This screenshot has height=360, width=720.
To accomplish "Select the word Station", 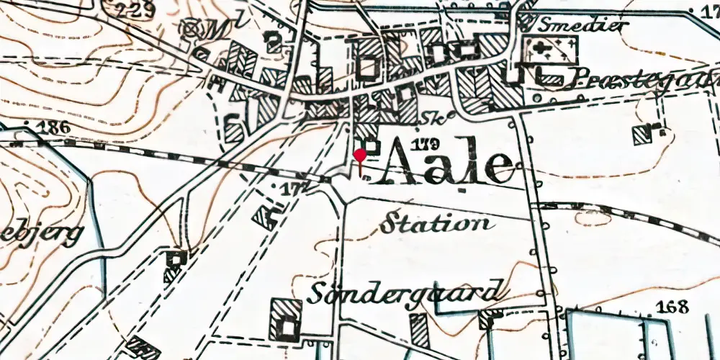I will tap(437, 224).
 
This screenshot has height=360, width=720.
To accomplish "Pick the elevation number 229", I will tap(137, 9).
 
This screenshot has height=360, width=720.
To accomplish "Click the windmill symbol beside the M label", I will tap(192, 28).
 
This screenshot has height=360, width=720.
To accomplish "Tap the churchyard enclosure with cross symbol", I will tap(550, 50).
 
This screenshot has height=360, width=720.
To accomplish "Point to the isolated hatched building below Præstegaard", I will tap(642, 134).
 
